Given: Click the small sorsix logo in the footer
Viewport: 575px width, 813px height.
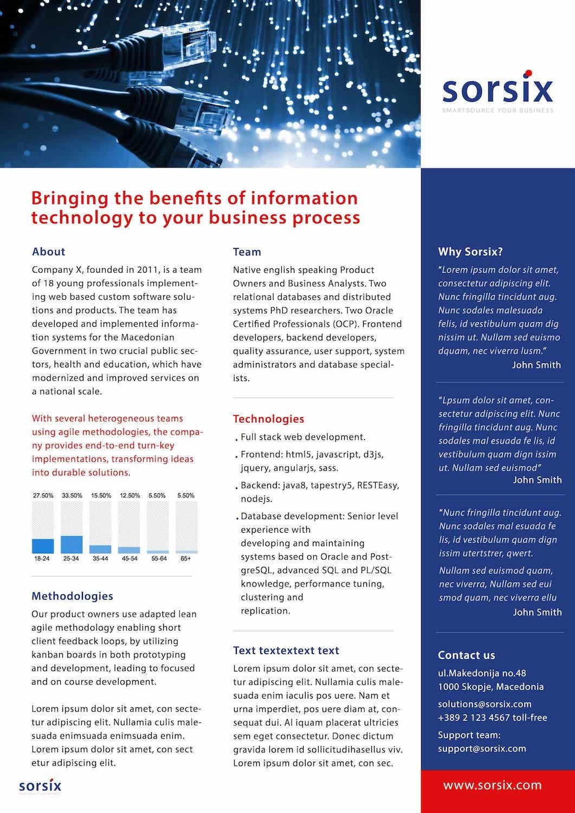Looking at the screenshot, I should tap(40, 786).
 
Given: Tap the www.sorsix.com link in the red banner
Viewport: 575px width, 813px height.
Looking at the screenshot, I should tap(492, 785).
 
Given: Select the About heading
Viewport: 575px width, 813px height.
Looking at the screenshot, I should tap(48, 251).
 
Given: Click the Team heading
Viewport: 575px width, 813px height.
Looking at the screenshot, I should tap(247, 251).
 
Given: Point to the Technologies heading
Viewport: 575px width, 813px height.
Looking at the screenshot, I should tap(268, 418).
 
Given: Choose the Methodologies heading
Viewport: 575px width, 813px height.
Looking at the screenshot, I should tap(72, 596).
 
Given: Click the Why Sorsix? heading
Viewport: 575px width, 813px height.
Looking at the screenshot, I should tap(470, 251).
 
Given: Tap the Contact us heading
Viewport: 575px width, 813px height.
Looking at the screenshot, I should tap(466, 655).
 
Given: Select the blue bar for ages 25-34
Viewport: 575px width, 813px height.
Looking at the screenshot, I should tap(72, 544).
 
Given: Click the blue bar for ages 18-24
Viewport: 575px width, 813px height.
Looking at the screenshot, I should tap(43, 546).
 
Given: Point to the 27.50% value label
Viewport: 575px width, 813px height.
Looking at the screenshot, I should tap(43, 495).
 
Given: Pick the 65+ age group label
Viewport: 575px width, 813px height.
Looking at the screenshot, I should tap(186, 558).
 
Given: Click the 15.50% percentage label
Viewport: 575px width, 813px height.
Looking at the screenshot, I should tap(101, 495).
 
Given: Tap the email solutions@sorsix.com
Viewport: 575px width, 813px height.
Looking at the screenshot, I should tap(484, 704).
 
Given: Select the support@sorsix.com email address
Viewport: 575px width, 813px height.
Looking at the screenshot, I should tap(482, 749).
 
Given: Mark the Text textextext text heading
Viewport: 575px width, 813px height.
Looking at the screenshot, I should tap(286, 650).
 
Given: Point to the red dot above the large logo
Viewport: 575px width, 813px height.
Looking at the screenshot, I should tap(527, 73).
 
